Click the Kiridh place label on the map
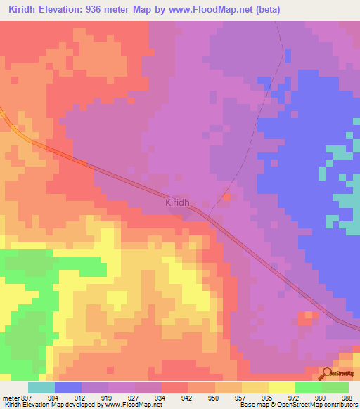[178, 202]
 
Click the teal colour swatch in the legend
[41, 387]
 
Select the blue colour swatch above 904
[68, 387]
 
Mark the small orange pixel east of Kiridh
[226, 197]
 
